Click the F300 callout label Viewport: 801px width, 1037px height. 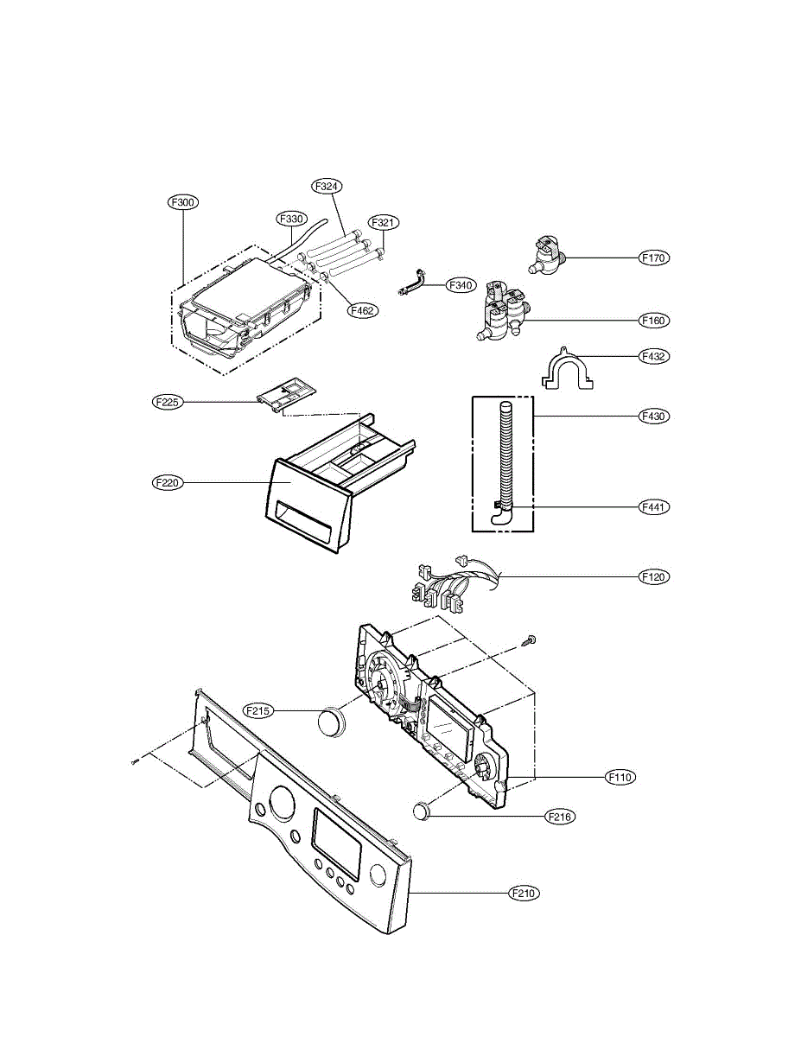[183, 202]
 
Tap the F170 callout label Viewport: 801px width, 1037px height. [654, 258]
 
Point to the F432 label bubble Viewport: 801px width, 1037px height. [654, 355]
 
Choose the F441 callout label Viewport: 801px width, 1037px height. [654, 506]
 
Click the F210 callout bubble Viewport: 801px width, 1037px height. [524, 893]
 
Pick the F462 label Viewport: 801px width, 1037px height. [363, 309]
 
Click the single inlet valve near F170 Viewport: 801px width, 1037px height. [547, 255]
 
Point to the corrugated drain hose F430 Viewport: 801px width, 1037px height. [505, 458]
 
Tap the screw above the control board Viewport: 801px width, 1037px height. [531, 640]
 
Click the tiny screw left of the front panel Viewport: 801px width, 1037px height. [136, 761]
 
